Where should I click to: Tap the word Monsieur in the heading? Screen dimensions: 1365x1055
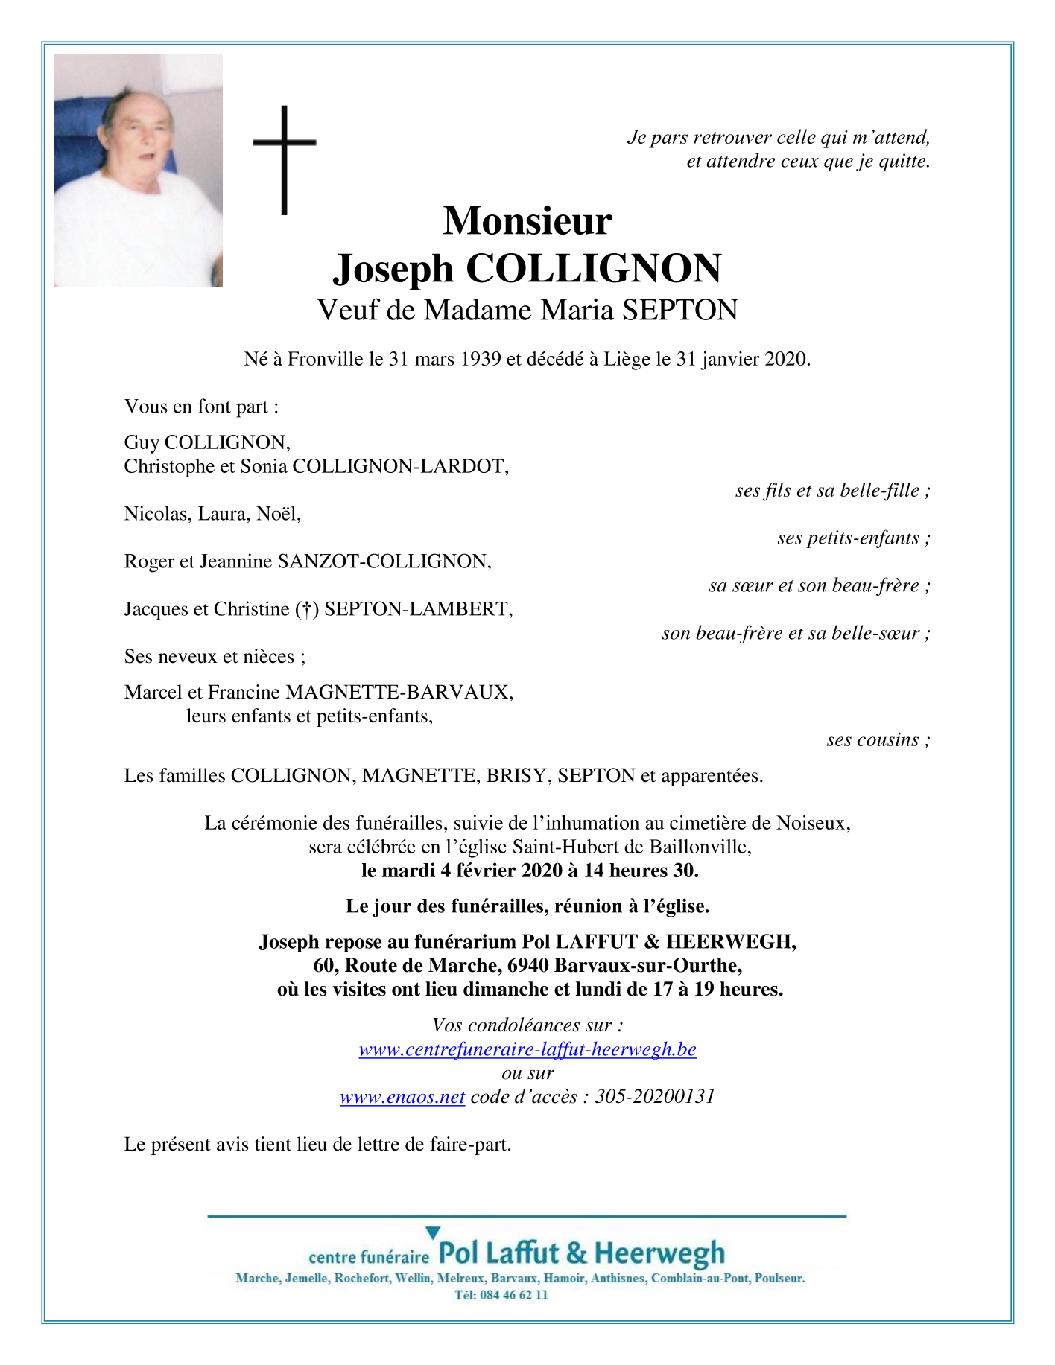pos(527,221)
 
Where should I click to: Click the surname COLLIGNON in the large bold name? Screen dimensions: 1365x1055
pos(594,269)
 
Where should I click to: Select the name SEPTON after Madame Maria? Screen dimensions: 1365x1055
pos(679,311)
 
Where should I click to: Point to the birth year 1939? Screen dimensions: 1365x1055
pos(481,360)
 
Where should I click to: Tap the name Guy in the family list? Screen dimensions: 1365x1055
pos(142,443)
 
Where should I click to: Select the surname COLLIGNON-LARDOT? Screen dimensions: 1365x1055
pos(401,467)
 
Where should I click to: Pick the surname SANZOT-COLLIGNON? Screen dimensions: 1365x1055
pos(384,561)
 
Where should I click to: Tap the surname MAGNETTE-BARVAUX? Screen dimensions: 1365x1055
pos(399,693)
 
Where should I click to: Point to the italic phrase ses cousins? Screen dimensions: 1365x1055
pos(872,740)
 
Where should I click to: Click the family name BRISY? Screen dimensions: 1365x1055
pos(516,776)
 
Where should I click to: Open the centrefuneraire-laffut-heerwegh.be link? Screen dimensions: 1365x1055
pos(527,1050)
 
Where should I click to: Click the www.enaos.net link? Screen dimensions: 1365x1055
pos(402,1097)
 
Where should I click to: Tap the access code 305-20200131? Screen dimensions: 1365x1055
pos(655,1097)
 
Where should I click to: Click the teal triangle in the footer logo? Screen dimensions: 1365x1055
pos(433,1233)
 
